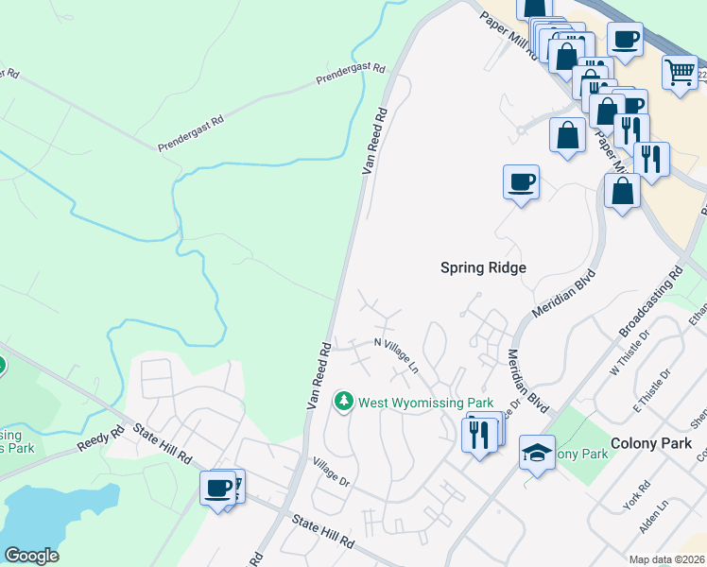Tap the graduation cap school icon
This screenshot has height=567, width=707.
click(x=537, y=453)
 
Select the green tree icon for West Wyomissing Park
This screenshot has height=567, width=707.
click(x=344, y=403)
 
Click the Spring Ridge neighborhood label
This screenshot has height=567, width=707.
click(x=483, y=267)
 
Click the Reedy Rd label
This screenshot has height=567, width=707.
click(x=102, y=438)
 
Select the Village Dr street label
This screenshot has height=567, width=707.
click(x=332, y=473)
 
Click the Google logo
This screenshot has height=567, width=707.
click(x=31, y=556)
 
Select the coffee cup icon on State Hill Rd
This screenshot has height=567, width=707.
click(x=217, y=488)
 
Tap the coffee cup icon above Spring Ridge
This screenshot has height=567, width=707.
click(x=520, y=180)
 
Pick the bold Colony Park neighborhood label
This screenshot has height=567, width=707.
click(x=651, y=442)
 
